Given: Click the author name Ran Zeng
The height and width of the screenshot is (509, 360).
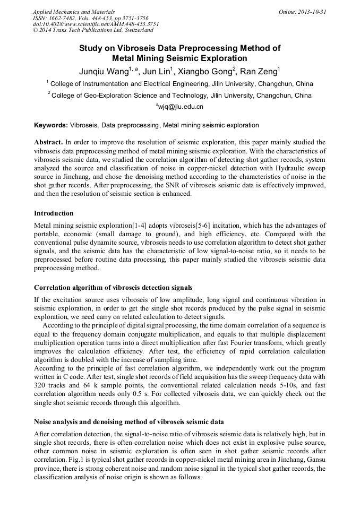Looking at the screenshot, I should click(x=260, y=72).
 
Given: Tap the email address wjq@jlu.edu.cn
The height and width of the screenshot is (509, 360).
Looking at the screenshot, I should click(x=181, y=107).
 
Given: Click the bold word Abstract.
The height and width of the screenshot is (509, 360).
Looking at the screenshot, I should click(x=48, y=143).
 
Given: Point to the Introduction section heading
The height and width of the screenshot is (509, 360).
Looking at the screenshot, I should click(x=54, y=213).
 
